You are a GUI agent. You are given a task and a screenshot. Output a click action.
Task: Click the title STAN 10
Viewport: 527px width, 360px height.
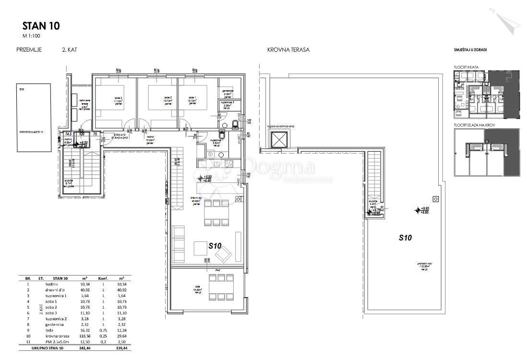(x=41, y=26)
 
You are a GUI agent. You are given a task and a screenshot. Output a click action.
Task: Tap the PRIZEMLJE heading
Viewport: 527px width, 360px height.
(x=29, y=49)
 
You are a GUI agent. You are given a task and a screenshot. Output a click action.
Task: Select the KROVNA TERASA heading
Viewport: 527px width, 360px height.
(x=288, y=49)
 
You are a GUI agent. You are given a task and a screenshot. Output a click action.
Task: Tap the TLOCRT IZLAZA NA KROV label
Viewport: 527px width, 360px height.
(x=474, y=125)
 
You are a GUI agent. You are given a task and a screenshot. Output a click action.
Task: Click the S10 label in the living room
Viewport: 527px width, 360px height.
(x=215, y=245)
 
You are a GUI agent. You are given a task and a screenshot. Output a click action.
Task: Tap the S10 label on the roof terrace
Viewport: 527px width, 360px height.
(x=406, y=237)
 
